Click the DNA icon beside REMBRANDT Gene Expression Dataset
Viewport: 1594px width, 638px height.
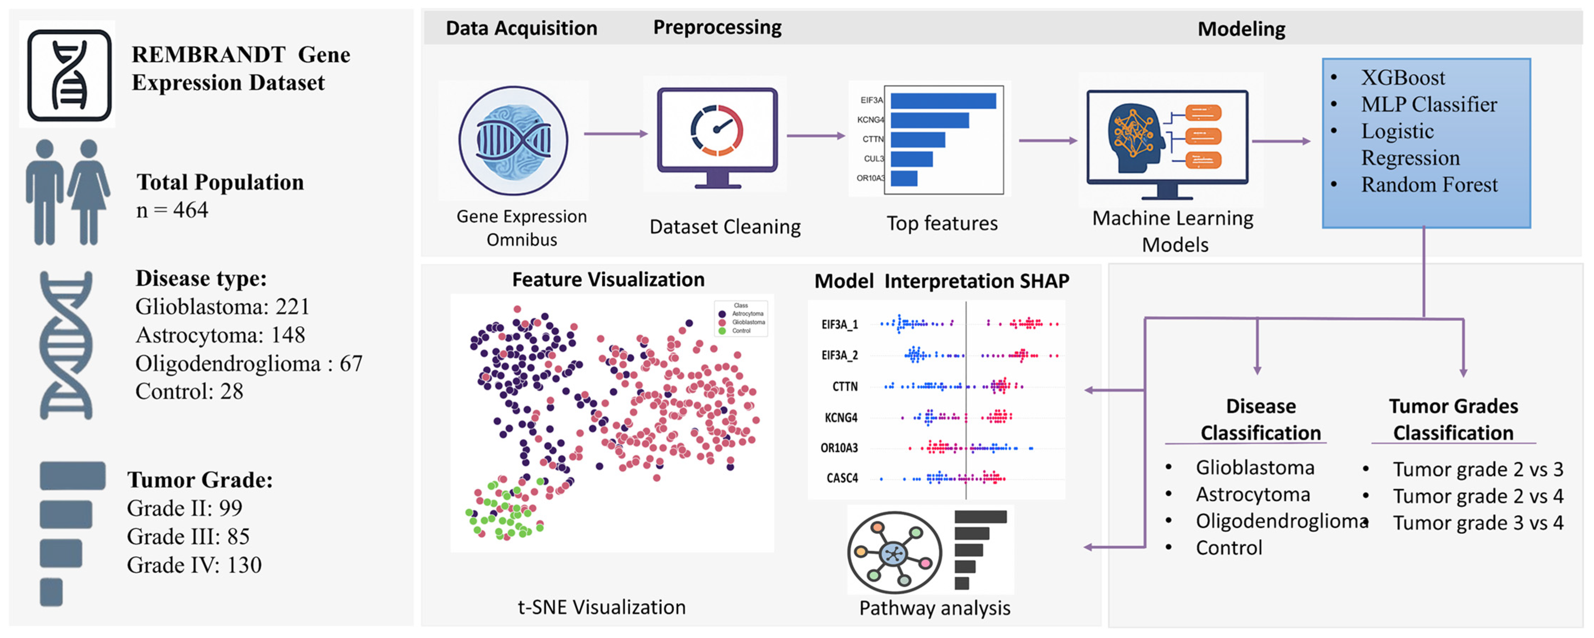click(x=69, y=75)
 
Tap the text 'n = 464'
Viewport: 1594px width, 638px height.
click(x=172, y=210)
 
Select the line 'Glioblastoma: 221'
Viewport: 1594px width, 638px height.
click(x=222, y=307)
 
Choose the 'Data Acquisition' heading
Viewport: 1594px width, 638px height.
click(x=521, y=28)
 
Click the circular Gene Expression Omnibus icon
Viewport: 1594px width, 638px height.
click(x=513, y=140)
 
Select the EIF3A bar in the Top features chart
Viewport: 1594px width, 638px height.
click(x=943, y=101)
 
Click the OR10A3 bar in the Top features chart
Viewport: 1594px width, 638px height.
click(x=904, y=179)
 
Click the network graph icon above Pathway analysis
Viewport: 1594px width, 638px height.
click(x=894, y=553)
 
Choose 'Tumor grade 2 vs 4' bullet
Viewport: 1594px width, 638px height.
click(x=1478, y=496)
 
